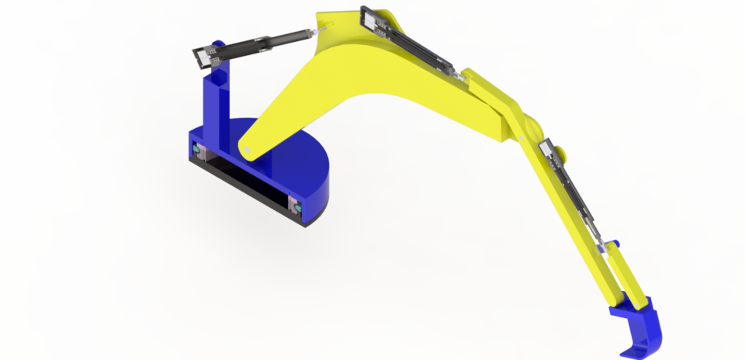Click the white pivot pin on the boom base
246,149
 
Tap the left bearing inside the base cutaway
197,148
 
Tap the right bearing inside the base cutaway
294,205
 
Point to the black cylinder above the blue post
248,46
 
